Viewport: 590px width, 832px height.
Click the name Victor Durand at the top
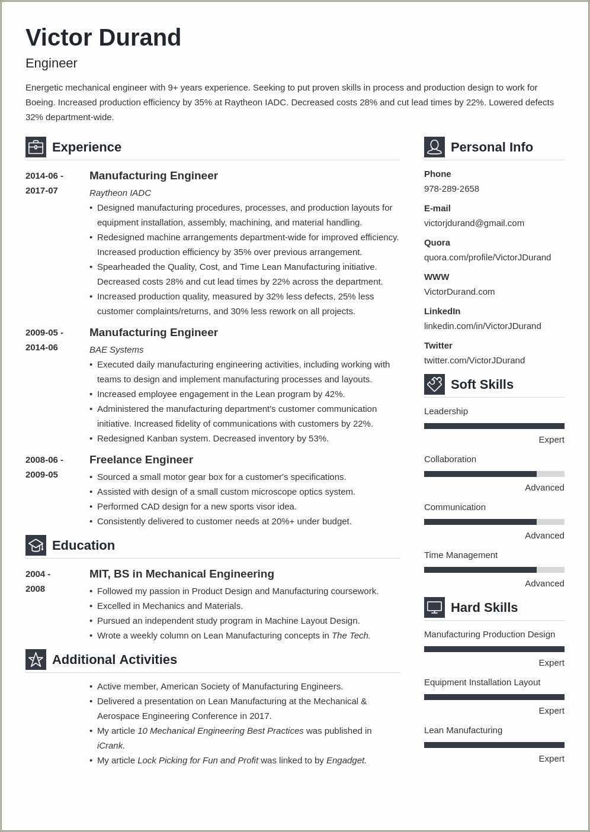click(x=103, y=38)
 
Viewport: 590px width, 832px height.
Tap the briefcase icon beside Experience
click(x=36, y=147)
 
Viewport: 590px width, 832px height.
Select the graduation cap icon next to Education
click(x=36, y=545)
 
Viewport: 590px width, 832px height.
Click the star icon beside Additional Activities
click(x=36, y=659)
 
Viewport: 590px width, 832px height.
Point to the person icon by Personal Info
click(x=434, y=147)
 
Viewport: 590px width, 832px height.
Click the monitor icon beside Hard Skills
click(x=434, y=607)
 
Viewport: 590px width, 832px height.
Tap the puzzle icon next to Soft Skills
click(x=434, y=384)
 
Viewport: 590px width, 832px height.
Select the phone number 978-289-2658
click(x=451, y=189)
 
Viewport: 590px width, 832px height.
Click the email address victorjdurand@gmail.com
click(x=474, y=223)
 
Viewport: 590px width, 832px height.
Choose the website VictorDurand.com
click(x=459, y=292)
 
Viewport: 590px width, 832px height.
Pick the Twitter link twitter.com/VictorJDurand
click(x=474, y=360)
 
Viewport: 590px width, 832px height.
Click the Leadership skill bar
click(x=494, y=426)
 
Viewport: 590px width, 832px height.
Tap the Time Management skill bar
click(x=494, y=570)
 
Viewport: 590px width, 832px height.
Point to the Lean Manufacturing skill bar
click(x=494, y=745)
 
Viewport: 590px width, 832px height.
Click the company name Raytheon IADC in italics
click(x=120, y=193)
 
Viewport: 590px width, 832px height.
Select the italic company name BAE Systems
click(x=116, y=350)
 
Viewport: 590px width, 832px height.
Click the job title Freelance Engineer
click(x=141, y=460)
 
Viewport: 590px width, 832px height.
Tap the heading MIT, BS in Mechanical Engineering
click(x=181, y=574)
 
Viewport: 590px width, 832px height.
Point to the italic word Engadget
click(x=346, y=760)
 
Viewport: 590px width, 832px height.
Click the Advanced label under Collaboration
click(x=544, y=488)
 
